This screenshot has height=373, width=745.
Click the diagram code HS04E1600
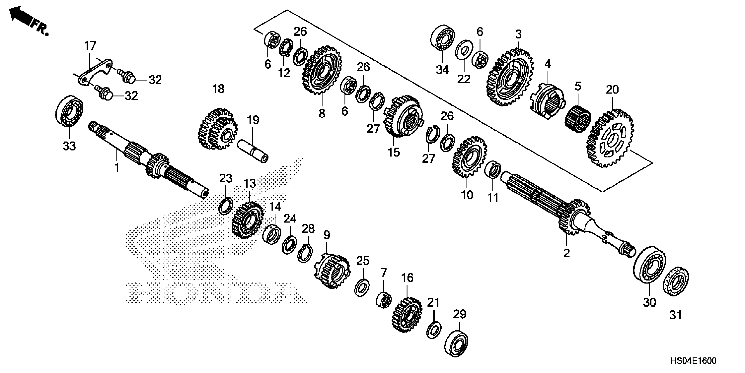(x=693, y=361)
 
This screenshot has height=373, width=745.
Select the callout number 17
(x=90, y=46)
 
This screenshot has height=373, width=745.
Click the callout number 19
(x=253, y=120)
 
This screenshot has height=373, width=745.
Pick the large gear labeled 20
(x=610, y=138)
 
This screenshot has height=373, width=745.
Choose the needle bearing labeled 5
(x=578, y=120)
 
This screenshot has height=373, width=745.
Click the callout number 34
(x=442, y=70)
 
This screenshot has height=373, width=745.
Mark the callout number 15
(x=394, y=152)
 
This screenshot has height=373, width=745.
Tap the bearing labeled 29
(x=456, y=343)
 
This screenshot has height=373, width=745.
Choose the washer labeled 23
(x=226, y=206)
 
